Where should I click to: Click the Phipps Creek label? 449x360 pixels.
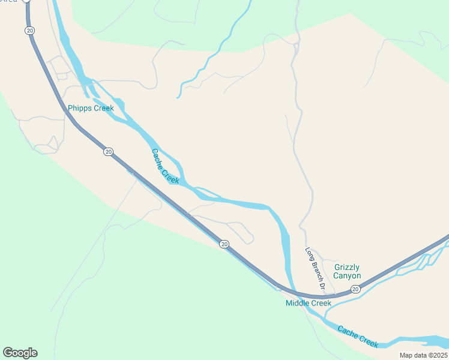tap(91, 108)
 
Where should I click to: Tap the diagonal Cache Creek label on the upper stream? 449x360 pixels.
tap(165, 166)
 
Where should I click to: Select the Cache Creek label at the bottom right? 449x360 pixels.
tap(358, 337)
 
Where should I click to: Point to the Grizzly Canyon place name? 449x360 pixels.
tap(348, 271)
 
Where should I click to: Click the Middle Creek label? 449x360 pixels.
tap(308, 303)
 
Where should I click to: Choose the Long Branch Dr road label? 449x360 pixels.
tap(315, 269)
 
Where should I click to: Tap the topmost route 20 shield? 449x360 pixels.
tap(28, 30)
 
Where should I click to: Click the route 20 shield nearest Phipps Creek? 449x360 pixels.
tap(108, 152)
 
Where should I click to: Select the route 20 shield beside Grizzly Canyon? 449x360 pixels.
tap(355, 289)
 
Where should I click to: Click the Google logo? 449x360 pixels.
tap(20, 353)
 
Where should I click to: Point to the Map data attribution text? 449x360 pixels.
tap(423, 355)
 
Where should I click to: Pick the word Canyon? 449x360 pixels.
tap(348, 276)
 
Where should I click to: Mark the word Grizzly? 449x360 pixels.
tap(348, 267)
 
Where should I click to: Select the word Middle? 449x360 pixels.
tap(297, 303)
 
